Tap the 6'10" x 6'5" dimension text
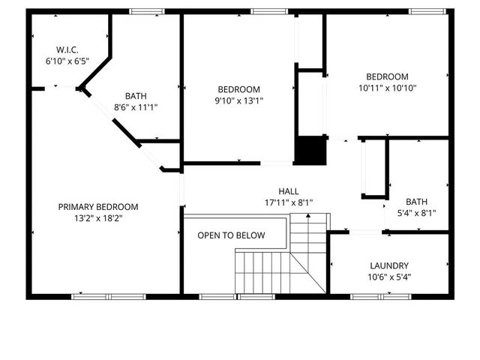[67, 61]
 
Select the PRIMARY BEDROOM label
[98, 206]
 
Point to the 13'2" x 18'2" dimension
[98, 218]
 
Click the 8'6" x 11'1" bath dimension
[136, 107]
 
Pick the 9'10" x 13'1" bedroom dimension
[239, 100]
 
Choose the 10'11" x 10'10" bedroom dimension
[387, 88]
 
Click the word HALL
[289, 190]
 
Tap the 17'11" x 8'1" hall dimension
[289, 202]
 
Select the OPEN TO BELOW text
[231, 235]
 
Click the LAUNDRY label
[389, 265]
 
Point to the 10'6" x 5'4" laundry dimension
[389, 277]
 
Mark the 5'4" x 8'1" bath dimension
[415, 213]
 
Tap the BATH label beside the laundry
[416, 201]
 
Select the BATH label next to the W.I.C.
[136, 95]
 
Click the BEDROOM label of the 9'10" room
[239, 88]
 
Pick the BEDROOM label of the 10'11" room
[387, 76]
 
